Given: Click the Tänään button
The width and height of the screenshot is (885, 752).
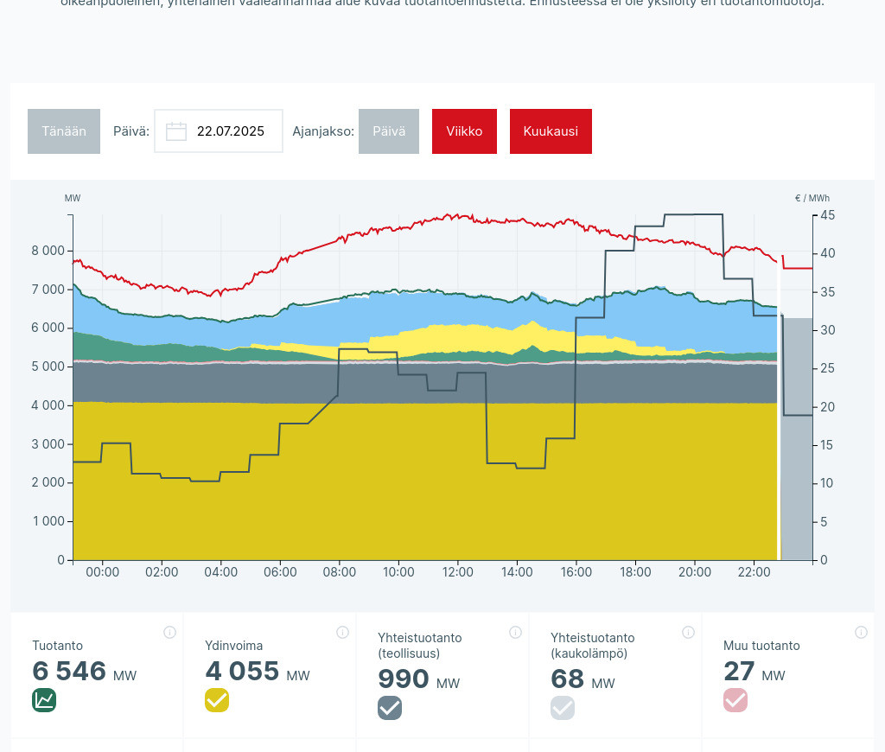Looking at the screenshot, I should click(64, 131).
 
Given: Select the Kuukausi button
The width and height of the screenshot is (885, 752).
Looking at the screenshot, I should click(551, 131).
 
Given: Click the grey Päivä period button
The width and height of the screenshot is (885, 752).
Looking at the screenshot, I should click(389, 131).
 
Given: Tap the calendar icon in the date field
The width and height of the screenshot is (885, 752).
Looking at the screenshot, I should click(176, 131).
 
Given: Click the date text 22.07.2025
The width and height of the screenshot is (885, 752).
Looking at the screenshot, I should click(231, 131).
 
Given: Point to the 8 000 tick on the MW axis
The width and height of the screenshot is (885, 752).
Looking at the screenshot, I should click(48, 252).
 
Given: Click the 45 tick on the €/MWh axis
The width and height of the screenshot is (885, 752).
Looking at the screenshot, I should click(827, 215).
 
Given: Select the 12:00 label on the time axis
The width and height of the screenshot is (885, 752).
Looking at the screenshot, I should click(457, 572).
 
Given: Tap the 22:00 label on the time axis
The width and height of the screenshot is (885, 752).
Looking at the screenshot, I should click(754, 572).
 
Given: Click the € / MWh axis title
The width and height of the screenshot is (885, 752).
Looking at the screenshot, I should click(812, 198).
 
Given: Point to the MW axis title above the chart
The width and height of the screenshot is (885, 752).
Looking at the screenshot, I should click(73, 198).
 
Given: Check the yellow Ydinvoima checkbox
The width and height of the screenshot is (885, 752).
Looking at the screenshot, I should click(217, 700).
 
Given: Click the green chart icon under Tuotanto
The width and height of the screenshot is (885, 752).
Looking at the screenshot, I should click(44, 700).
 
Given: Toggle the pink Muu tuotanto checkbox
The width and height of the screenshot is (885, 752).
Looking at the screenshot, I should click(735, 700).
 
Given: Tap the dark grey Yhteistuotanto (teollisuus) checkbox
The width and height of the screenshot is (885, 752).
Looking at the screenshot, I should click(390, 708).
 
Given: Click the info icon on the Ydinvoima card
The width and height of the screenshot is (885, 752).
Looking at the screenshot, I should click(342, 632).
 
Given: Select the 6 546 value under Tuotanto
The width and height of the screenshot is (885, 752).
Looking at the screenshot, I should click(69, 672).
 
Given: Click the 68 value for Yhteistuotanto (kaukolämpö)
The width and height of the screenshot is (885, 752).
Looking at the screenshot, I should click(567, 679).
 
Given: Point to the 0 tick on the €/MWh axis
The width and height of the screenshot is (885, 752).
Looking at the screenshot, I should click(824, 560).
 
